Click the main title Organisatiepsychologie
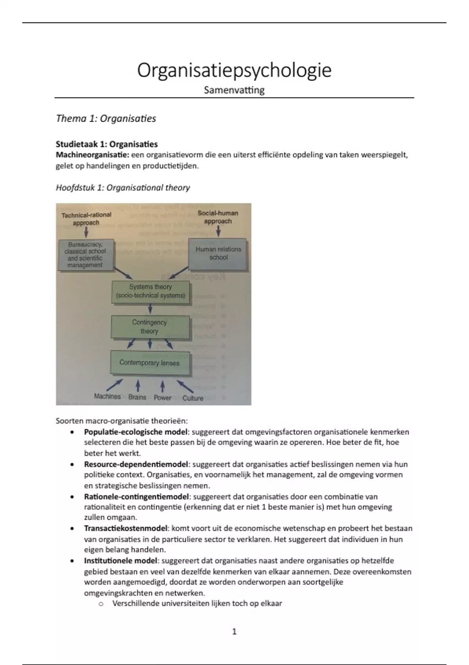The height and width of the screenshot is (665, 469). [234, 70]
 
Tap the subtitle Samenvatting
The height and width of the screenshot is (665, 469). [234, 90]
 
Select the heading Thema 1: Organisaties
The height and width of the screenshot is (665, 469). [106, 119]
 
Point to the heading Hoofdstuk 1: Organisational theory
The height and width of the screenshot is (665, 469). [123, 188]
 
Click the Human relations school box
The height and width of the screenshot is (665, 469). [218, 253]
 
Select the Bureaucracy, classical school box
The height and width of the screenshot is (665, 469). [85, 255]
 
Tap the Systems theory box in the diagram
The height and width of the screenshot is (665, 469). [150, 291]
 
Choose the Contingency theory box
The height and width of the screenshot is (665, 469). [150, 327]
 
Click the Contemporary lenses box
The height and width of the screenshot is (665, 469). [150, 363]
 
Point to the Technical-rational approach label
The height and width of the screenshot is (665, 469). [86, 219]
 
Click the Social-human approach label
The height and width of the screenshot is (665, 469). [218, 217]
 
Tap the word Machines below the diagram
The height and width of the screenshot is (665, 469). [107, 396]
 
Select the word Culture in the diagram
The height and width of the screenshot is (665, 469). [193, 398]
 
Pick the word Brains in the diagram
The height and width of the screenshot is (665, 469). [137, 397]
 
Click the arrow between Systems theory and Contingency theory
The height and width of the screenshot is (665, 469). [150, 309]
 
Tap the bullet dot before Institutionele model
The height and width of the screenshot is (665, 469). [72, 561]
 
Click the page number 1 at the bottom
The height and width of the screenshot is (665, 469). [234, 631]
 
